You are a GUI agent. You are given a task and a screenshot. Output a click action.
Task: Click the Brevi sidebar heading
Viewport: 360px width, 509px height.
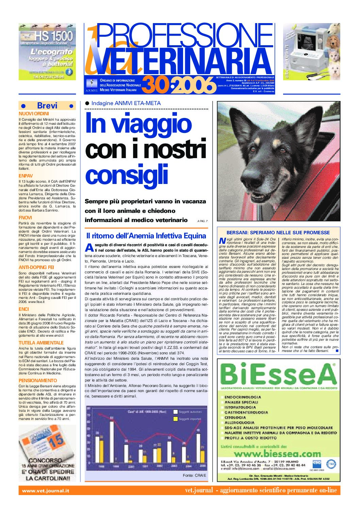pyautogui.click(x=47, y=106)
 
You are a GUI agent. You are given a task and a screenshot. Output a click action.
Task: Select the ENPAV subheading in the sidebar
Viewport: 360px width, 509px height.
pyautogui.click(x=26, y=176)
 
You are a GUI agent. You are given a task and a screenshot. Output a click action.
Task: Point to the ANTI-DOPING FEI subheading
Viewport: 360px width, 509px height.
pyautogui.click(x=36, y=267)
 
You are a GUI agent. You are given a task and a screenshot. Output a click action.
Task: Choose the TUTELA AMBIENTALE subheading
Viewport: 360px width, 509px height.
pyautogui.click(x=41, y=343)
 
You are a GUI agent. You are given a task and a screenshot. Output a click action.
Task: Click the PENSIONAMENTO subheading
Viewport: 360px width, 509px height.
pyautogui.click(x=38, y=380)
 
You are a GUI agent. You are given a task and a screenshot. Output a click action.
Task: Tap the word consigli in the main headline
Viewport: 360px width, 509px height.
pyautogui.click(x=127, y=174)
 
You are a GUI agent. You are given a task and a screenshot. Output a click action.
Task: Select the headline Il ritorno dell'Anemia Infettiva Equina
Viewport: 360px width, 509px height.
pyautogui.click(x=146, y=236)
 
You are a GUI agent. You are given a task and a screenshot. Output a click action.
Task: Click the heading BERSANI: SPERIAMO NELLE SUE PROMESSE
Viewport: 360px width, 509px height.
pyautogui.click(x=278, y=233)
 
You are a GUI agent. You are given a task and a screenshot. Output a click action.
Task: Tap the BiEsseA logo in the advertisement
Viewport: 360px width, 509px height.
pyautogui.click(x=278, y=374)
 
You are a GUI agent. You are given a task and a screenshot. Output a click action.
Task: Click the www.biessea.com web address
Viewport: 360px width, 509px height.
pyautogui.click(x=277, y=454)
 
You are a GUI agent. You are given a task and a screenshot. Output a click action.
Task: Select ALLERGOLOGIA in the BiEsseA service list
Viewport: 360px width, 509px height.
pyautogui.click(x=240, y=423)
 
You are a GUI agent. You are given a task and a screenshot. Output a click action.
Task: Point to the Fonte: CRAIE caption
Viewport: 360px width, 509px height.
pyautogui.click(x=194, y=475)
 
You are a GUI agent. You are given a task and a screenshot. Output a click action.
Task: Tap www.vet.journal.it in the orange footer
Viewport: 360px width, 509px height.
pyautogui.click(x=46, y=491)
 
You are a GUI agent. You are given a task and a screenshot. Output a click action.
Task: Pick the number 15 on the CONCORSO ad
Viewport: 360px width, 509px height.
pyautogui.click(x=56, y=441)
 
